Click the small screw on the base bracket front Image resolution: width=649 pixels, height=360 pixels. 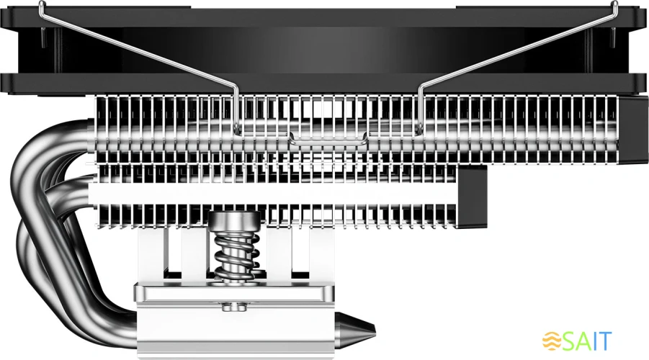[232, 310]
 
